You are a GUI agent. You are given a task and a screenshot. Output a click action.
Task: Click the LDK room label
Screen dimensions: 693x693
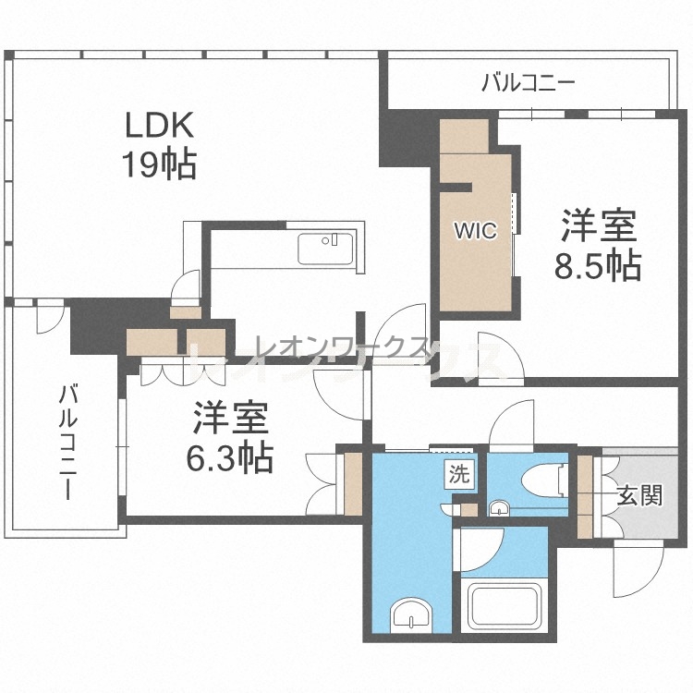160,125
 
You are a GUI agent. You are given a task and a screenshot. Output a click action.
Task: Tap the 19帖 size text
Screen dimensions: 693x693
160,164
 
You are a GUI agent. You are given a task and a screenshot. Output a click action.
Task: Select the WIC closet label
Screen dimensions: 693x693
476,230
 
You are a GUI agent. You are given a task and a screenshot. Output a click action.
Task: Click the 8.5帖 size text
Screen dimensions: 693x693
598,265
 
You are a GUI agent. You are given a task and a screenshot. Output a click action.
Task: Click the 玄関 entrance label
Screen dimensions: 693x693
639,495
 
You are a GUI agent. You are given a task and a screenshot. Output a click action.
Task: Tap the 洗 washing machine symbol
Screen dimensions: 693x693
459,475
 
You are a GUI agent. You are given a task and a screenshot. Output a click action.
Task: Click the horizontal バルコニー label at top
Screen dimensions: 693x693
529,82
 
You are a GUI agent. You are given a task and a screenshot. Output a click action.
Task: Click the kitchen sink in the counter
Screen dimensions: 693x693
326,249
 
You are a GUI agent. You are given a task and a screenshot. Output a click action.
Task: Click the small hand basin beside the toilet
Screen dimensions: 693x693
500,508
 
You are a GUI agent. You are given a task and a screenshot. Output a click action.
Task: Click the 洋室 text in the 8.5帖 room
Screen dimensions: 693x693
599,225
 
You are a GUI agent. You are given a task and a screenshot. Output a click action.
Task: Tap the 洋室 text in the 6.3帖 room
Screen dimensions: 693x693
230,418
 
